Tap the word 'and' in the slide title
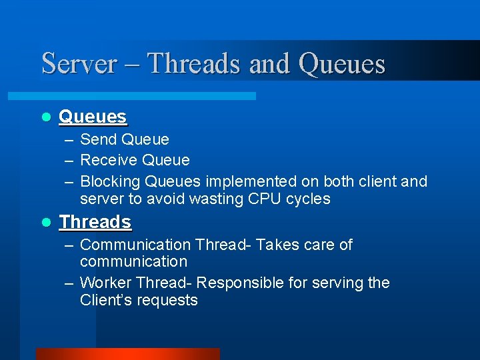[x=270, y=64]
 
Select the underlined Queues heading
[x=93, y=117]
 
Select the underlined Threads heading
[x=95, y=221]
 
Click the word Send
[x=98, y=140]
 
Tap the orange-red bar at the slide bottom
[x=127, y=354]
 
